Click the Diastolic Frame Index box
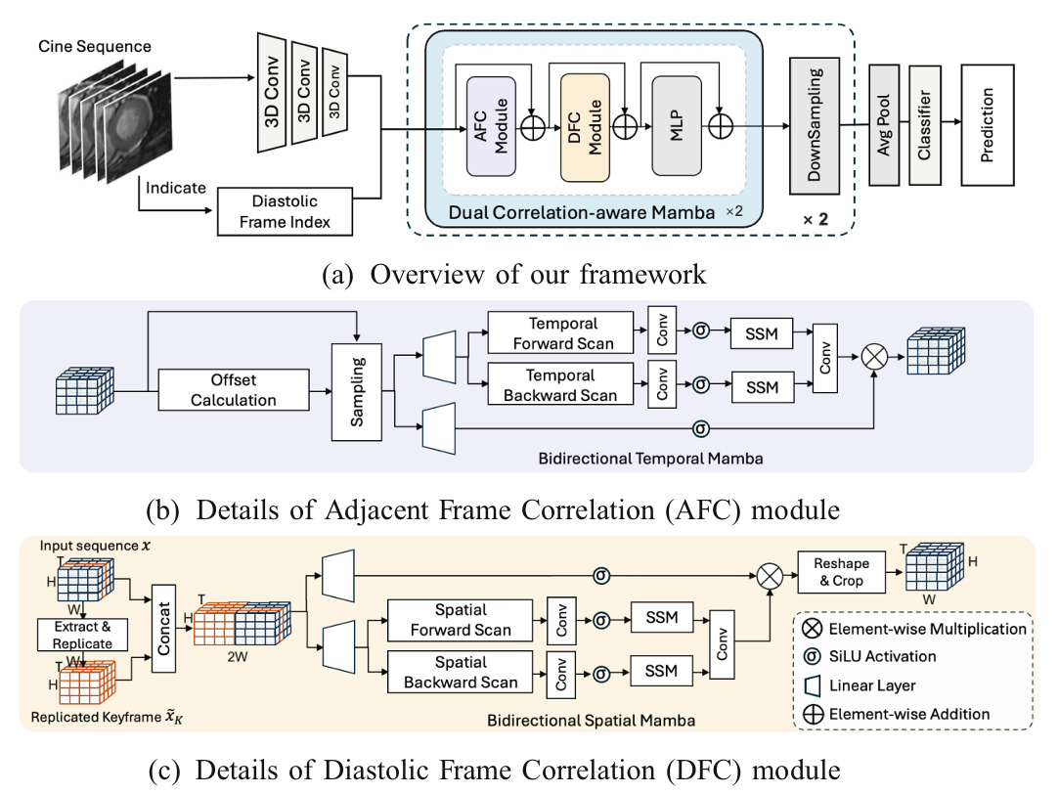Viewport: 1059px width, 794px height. pos(284,211)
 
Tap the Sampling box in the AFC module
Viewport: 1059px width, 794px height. pos(357,391)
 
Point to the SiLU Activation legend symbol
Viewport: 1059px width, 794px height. pos(811,656)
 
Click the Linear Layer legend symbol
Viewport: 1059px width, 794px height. pos(811,684)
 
